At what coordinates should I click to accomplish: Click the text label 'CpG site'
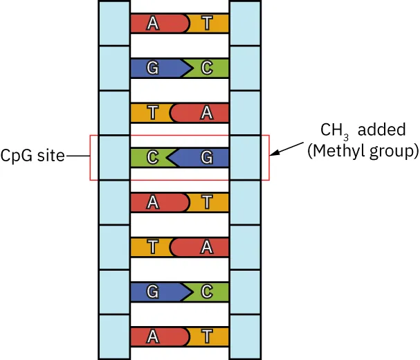coord(33,156)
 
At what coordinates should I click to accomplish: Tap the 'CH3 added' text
coord(362,131)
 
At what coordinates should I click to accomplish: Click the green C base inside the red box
coord(152,157)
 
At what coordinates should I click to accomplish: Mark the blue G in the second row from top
coord(154,68)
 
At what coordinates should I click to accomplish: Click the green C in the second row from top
coord(207,68)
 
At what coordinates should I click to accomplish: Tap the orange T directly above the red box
coord(152,113)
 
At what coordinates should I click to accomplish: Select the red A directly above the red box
coord(206,113)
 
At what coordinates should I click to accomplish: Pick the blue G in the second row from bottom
coord(154,291)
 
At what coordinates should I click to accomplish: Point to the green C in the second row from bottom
coord(207,291)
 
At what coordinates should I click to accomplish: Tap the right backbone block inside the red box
coord(246,157)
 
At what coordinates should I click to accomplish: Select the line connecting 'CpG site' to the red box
coord(77,157)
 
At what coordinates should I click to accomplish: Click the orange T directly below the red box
coord(207,202)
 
